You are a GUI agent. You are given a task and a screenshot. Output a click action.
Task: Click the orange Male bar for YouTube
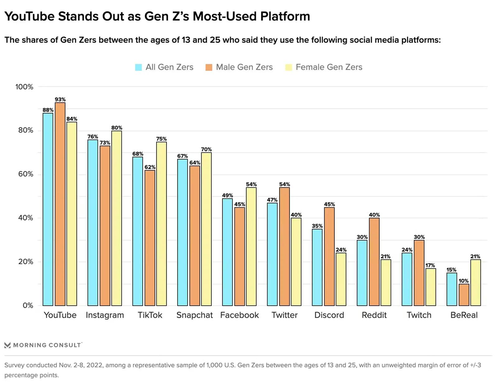click(x=60, y=204)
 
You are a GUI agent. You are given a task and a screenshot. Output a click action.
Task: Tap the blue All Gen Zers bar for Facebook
click(x=227, y=252)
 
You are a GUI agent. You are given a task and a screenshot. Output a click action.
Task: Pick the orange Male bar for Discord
click(x=329, y=256)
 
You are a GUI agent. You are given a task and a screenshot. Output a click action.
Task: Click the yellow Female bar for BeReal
click(x=475, y=282)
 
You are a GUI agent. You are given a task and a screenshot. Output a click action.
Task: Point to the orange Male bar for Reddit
click(x=374, y=262)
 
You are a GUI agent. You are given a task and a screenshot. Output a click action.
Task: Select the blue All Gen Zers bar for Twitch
click(x=407, y=279)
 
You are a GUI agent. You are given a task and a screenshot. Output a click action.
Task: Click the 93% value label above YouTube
click(x=60, y=100)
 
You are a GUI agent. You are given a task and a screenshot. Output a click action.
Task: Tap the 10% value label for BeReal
click(x=463, y=281)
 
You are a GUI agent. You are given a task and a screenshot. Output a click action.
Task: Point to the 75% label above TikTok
click(x=161, y=139)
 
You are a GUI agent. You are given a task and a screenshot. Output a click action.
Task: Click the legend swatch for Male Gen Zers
click(x=209, y=67)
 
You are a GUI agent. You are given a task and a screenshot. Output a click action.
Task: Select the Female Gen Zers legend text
click(x=329, y=67)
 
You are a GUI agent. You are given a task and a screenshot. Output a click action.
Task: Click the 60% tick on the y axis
click(x=25, y=174)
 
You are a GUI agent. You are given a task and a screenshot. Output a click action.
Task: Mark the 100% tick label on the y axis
click(x=24, y=87)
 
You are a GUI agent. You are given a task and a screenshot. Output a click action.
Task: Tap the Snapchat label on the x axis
click(x=194, y=315)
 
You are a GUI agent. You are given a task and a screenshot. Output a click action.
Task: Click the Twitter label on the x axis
click(x=284, y=315)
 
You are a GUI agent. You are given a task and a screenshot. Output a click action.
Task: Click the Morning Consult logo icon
click(x=7, y=345)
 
